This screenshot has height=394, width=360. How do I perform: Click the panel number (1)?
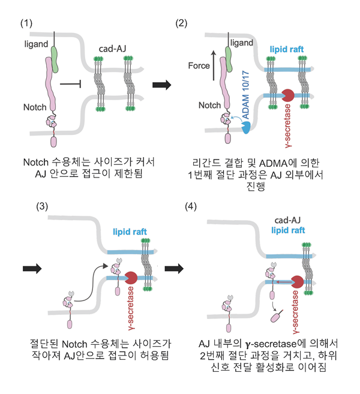coord(26,23)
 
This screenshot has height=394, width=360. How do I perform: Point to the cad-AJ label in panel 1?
coord(113,47)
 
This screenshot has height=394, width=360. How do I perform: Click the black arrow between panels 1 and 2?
coord(160,85)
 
